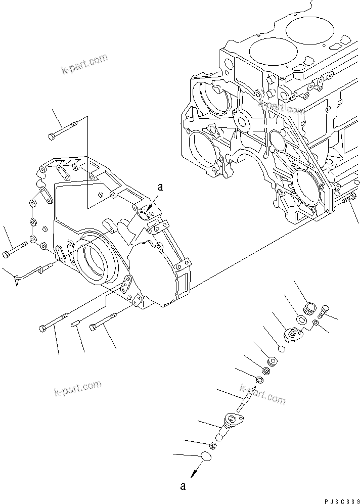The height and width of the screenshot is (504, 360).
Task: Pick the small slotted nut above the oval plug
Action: point(213,445)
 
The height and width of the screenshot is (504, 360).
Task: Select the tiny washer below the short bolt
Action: point(316,323)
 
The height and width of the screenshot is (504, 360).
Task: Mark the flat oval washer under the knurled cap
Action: point(301,320)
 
